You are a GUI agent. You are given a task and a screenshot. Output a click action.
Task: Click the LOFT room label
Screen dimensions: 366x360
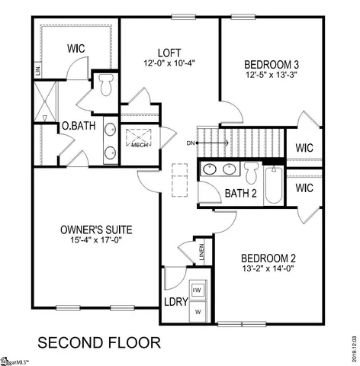(168, 52)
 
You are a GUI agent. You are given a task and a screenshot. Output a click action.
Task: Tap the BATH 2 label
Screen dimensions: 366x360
(240, 193)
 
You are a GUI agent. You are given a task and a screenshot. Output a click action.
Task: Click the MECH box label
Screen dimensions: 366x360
(139, 145)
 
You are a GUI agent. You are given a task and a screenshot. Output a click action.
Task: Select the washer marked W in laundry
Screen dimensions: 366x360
(198, 311)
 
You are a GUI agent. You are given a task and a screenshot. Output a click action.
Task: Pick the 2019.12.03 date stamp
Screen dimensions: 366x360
(352, 343)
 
